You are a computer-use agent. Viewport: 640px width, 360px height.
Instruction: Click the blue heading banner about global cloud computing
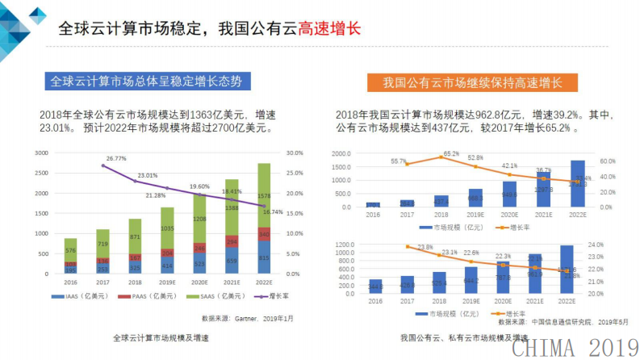[x=145, y=82]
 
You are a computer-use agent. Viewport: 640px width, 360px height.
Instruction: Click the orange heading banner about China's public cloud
[x=472, y=82]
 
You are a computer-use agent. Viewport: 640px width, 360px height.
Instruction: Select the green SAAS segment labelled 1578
[x=263, y=195]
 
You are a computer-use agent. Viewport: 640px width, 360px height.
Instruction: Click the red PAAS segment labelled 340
[x=263, y=235]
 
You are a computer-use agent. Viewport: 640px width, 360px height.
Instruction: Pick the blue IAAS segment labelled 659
[x=232, y=261]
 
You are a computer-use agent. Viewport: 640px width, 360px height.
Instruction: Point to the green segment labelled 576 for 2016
[x=71, y=250]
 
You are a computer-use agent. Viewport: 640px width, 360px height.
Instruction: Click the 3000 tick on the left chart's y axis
[x=42, y=153]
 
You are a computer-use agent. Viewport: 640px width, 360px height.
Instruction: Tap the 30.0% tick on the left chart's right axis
[x=295, y=153]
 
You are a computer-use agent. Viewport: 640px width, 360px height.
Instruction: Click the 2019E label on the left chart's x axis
[x=167, y=282]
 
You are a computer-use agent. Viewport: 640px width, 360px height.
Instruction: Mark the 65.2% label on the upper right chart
[x=451, y=153]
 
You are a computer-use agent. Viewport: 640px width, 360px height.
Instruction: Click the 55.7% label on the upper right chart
[x=398, y=161]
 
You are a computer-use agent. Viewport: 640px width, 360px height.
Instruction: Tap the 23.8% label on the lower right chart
[x=425, y=247]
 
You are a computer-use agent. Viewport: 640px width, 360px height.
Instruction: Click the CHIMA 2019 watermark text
[x=574, y=347]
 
